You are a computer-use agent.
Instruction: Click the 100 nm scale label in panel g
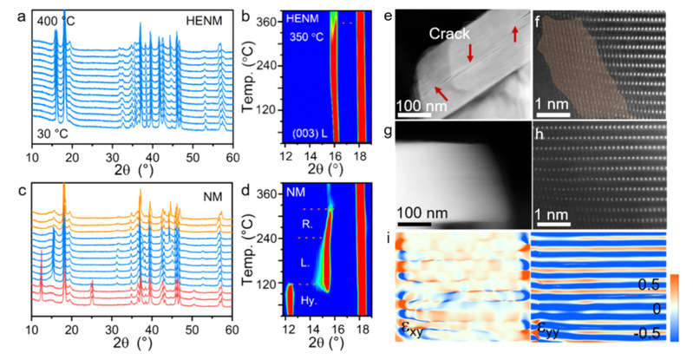[421, 213]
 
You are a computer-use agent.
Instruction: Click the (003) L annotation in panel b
[308, 134]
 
